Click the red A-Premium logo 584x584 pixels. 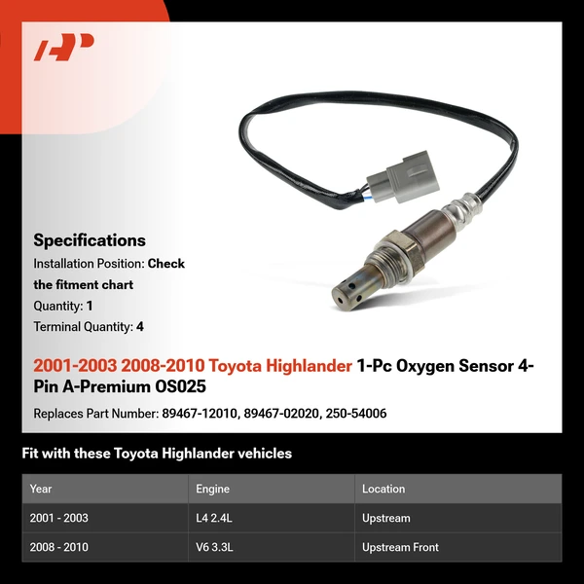(63, 48)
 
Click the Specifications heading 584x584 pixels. (90, 240)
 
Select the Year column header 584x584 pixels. (41, 489)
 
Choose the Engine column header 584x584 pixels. (213, 489)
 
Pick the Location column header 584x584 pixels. (383, 489)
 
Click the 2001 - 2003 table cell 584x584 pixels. (58, 518)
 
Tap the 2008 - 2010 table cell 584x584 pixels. (58, 547)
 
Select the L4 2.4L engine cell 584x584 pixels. (214, 518)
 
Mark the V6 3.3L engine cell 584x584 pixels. (214, 547)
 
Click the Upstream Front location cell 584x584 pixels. (400, 547)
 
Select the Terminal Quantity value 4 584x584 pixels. (140, 327)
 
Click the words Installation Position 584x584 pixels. (88, 264)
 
